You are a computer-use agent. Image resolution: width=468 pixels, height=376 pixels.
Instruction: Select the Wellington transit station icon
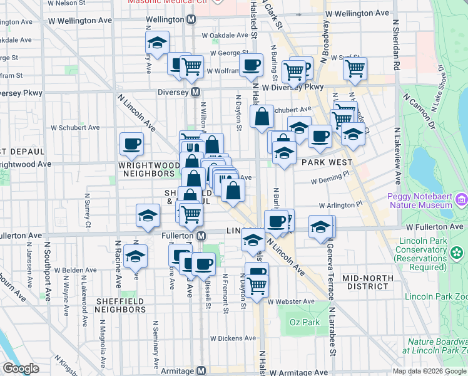pos(191,19)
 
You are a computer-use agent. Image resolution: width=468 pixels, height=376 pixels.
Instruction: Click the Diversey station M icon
pos(195,92)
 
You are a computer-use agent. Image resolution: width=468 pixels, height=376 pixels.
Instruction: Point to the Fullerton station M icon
pos(200,236)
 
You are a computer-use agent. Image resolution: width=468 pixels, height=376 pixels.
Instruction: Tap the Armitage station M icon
pos(200,371)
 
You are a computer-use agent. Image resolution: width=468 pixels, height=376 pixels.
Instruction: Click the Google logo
pos(21,368)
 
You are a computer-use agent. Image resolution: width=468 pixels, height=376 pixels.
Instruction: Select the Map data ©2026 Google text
pos(429,371)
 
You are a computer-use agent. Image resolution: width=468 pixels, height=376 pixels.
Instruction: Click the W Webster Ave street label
pos(290,301)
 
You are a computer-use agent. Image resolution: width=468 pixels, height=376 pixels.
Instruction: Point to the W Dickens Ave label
pos(233,338)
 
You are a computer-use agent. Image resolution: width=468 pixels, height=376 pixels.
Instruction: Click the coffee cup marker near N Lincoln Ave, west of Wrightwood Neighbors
pos(131,144)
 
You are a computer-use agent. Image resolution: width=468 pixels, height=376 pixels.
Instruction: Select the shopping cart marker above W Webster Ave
pos(257,285)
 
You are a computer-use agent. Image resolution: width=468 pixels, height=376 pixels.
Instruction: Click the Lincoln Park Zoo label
pos(435,296)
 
